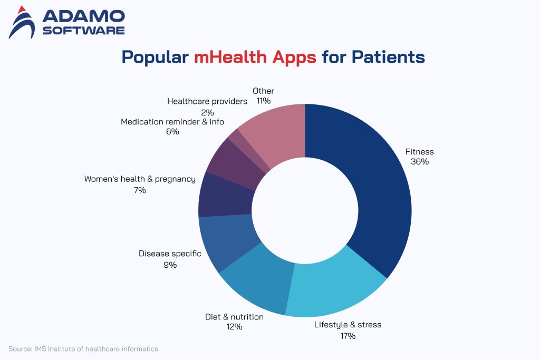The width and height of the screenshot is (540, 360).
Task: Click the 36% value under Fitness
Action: click(420, 162)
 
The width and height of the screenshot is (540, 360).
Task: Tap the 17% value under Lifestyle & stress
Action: click(348, 335)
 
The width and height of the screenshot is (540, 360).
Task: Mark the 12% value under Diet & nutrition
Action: click(234, 327)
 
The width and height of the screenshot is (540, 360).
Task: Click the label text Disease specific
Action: click(170, 254)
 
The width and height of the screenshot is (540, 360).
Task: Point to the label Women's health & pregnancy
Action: click(140, 179)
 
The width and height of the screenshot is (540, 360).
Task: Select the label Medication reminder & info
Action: click(172, 122)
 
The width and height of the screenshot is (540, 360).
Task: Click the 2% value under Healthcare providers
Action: click(207, 112)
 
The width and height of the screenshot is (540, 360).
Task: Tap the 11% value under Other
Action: click(263, 101)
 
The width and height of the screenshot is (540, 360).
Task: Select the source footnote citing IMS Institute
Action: click(83, 349)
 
